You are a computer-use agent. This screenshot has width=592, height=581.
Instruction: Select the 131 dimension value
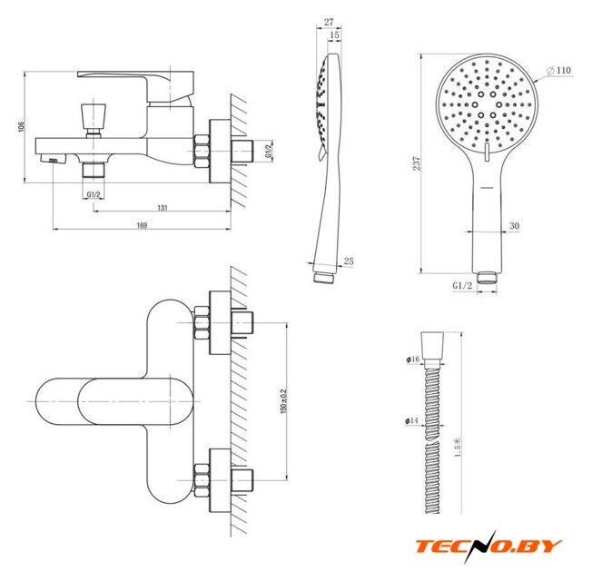pos(163,209)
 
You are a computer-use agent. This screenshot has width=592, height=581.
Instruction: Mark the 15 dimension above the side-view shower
pos(336,34)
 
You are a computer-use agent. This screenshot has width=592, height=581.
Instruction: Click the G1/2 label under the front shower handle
pos(461,285)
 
